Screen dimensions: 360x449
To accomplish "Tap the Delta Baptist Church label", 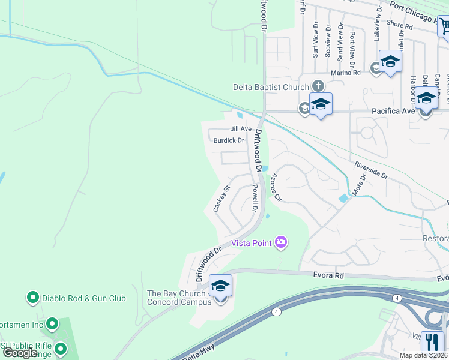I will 270,87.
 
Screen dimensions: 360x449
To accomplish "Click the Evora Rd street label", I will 328,275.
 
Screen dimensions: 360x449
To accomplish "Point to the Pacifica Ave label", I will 393,111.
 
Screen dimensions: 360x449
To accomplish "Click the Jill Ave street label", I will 241,129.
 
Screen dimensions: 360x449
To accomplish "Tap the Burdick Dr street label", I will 229,140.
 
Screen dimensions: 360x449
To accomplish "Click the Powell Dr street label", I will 255,199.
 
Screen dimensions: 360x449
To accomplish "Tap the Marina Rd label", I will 348,72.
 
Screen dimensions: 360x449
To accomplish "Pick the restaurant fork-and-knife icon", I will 432,342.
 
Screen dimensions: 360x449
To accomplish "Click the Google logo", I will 21,353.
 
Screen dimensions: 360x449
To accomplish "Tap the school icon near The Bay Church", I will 220,286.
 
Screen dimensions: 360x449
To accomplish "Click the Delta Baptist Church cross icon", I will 318,87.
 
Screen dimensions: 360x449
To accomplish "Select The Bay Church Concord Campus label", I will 179,298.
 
